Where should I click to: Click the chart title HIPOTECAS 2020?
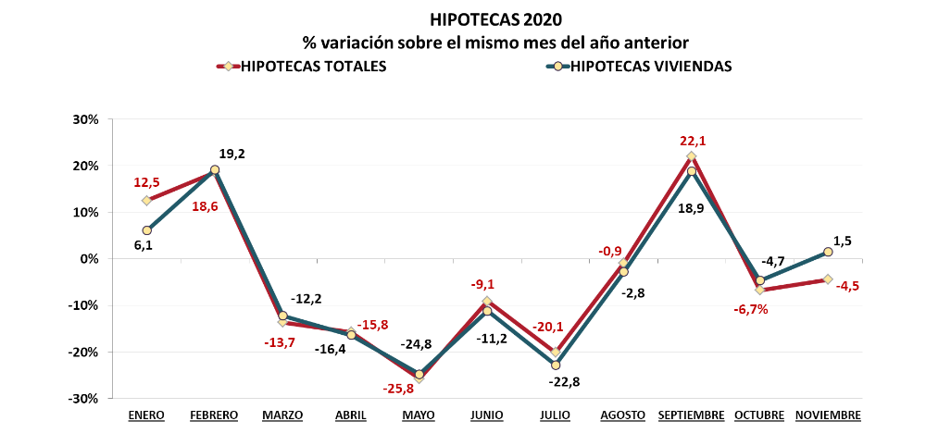(495, 19)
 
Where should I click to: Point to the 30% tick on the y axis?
(86, 119)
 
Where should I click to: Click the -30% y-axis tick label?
(84, 399)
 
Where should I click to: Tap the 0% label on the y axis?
(89, 259)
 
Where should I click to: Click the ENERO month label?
(146, 415)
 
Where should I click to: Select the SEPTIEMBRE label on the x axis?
(691, 415)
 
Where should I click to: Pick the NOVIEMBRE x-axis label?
(828, 415)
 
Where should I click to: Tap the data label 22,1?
(692, 141)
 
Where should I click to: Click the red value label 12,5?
(147, 182)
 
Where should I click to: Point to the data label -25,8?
(398, 388)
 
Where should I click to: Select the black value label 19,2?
(231, 154)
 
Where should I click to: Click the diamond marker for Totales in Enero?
(146, 201)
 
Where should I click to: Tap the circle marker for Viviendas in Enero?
(146, 230)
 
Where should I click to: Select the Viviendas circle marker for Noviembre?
(828, 252)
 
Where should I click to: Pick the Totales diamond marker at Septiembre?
(691, 156)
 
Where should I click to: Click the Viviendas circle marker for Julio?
(556, 365)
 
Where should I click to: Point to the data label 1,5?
(843, 241)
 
